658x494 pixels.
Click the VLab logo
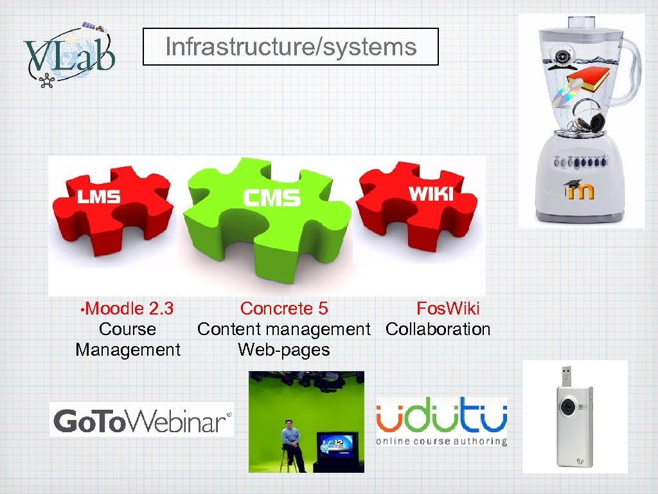pos(69,54)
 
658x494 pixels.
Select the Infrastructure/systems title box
pos(290,46)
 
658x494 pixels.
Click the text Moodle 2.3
pos(129,309)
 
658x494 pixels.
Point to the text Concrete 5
pos(284,309)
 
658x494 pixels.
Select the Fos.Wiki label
pos(448,309)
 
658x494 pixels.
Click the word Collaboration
pos(438,329)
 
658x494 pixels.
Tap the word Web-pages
pos(283,350)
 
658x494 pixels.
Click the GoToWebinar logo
pos(141,421)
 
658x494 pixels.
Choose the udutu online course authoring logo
pos(441,421)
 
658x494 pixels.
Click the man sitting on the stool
pos(291,441)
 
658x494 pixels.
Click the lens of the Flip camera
pos(569,407)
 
